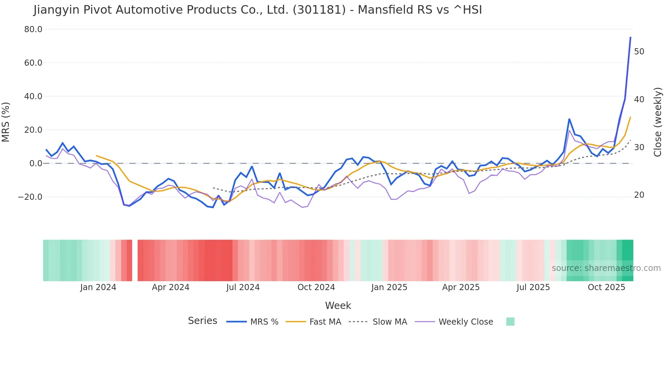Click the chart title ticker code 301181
319,10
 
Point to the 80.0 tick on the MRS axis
33,29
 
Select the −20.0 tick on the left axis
30,197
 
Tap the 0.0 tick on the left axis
36,164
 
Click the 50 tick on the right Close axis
639,52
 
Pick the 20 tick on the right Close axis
639,195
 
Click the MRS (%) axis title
6,122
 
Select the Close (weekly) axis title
657,122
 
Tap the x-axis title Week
338,305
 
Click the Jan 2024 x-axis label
98,287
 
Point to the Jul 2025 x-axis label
533,287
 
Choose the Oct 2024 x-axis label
316,287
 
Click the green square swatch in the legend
510,322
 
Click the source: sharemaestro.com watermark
606,268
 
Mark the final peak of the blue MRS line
630,37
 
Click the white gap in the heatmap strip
135,260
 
